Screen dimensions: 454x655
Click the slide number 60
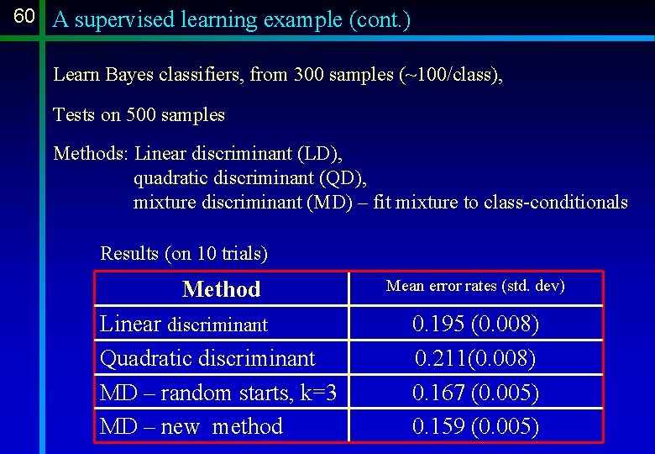(24, 17)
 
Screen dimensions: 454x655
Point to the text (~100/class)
(452, 75)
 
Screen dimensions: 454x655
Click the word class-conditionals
(555, 203)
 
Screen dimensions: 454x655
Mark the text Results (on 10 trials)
(184, 253)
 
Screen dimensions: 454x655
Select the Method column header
(222, 289)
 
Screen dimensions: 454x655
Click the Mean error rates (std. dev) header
(475, 287)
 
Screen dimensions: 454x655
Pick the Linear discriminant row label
(184, 324)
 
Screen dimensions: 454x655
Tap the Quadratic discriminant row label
(207, 358)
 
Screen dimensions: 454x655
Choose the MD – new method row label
(191, 426)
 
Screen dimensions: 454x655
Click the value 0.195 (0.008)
(475, 324)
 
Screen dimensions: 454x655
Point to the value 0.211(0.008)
(475, 358)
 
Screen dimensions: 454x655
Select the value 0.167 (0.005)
(475, 393)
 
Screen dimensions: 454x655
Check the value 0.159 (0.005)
(475, 426)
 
